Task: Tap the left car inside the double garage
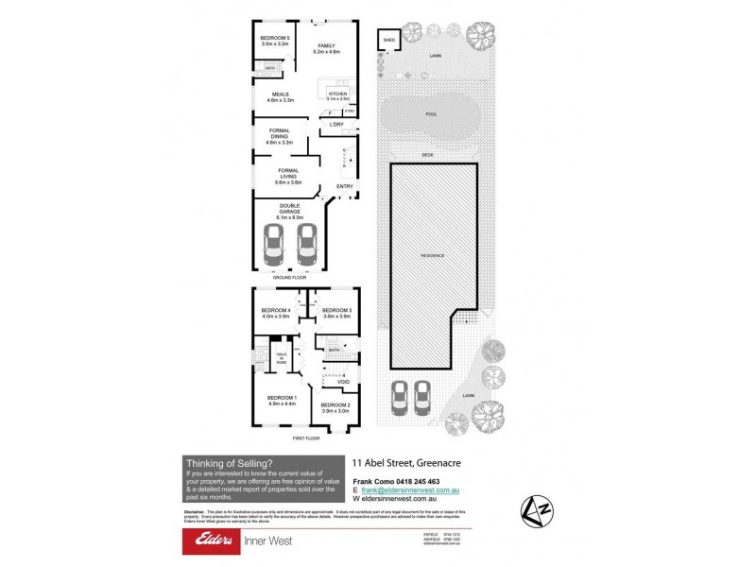click(272, 248)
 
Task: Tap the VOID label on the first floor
click(343, 381)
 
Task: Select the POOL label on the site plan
click(432, 114)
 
